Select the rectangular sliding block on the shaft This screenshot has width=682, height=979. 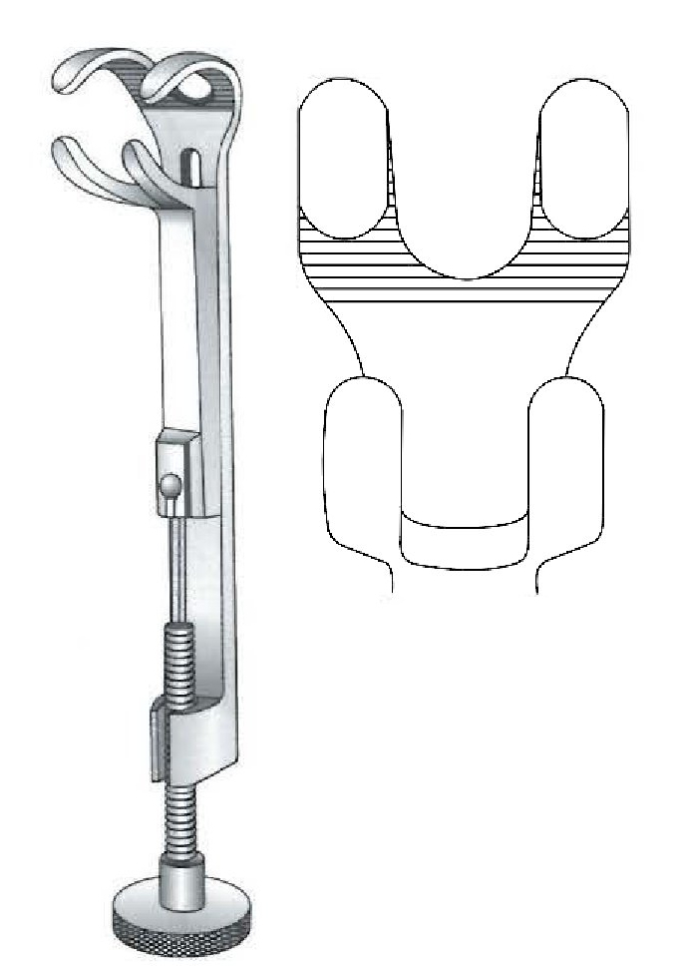tap(178, 469)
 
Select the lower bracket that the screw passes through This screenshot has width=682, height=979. tap(189, 738)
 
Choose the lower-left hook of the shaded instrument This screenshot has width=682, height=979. tap(75, 160)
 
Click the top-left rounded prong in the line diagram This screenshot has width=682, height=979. tap(344, 160)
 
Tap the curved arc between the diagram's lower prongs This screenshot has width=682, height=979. tap(464, 520)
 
